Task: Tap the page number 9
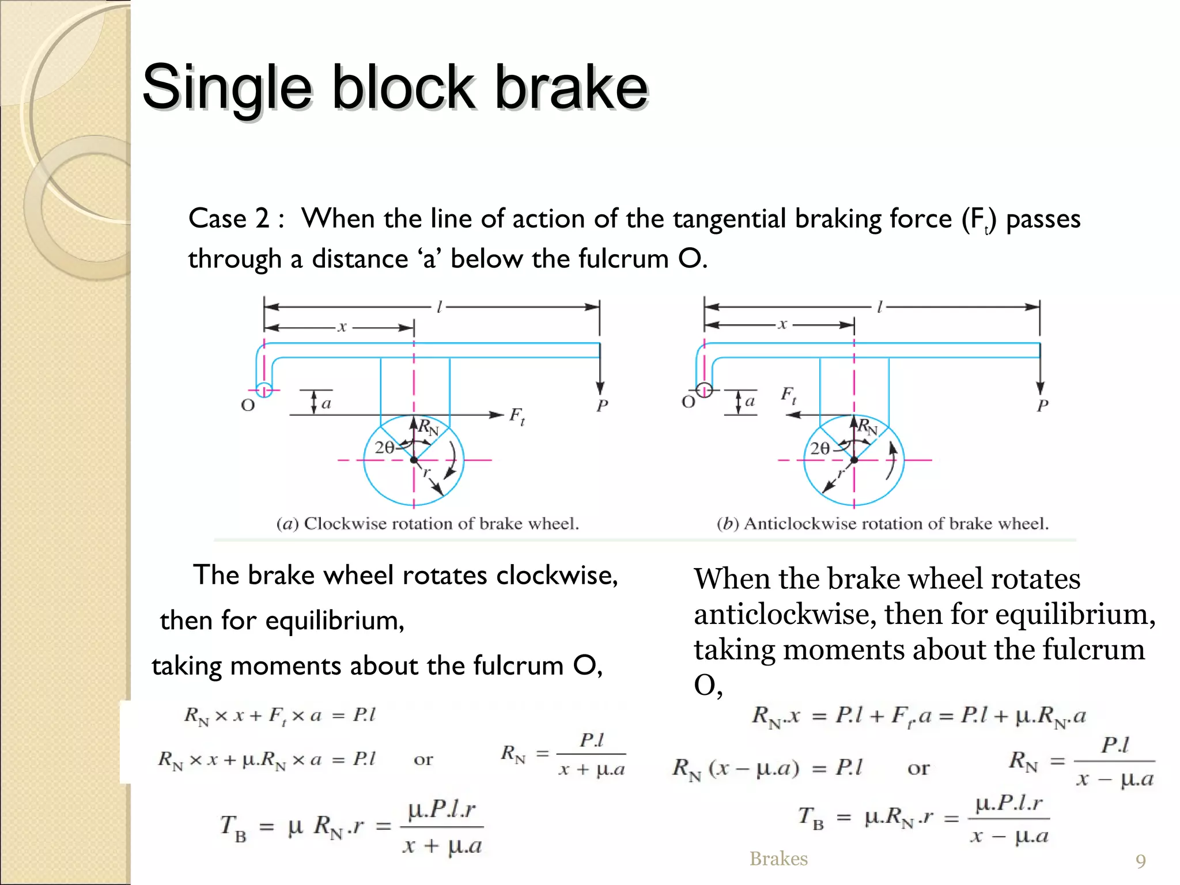pyautogui.click(x=1140, y=861)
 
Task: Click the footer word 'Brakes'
pyautogui.click(x=778, y=858)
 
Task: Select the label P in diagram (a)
pyautogui.click(x=602, y=406)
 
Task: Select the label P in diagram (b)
pyautogui.click(x=1042, y=406)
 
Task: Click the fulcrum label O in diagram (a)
pyautogui.click(x=248, y=405)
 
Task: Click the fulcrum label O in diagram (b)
pyautogui.click(x=688, y=402)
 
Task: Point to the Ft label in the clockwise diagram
pyautogui.click(x=517, y=416)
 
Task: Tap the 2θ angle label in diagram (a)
pyautogui.click(x=384, y=447)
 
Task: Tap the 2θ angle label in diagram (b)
pyautogui.click(x=819, y=448)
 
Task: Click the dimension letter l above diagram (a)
pyautogui.click(x=439, y=307)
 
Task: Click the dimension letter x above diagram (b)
pyautogui.click(x=782, y=324)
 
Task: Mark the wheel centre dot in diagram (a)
pyautogui.click(x=414, y=460)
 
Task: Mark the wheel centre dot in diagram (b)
pyautogui.click(x=854, y=460)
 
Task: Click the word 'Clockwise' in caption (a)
pyautogui.click(x=345, y=523)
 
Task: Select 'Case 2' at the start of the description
pyautogui.click(x=229, y=219)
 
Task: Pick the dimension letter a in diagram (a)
pyautogui.click(x=326, y=403)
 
